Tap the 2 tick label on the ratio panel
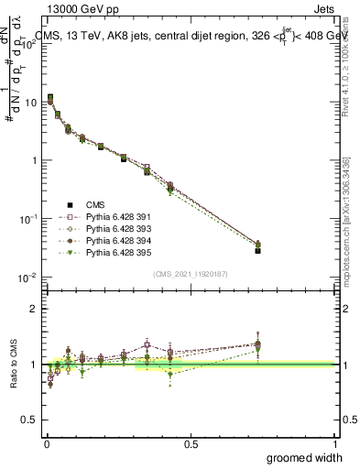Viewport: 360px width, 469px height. pyautogui.click(x=35, y=309)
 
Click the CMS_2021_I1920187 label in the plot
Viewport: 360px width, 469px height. pyautogui.click(x=191, y=274)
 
